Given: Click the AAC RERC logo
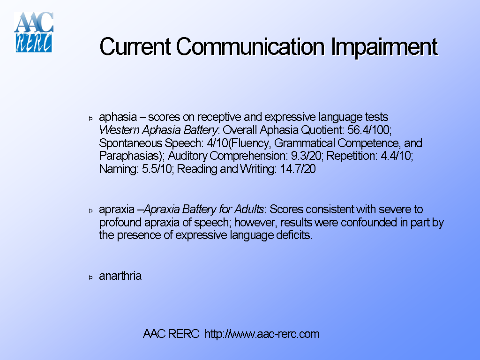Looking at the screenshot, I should click(34, 32).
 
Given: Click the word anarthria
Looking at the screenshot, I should click(120, 276).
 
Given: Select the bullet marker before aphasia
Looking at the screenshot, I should click(91, 118).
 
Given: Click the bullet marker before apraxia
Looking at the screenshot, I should click(91, 210).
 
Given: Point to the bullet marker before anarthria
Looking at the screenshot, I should click(91, 277).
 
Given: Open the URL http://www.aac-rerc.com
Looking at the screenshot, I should click(262, 334).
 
